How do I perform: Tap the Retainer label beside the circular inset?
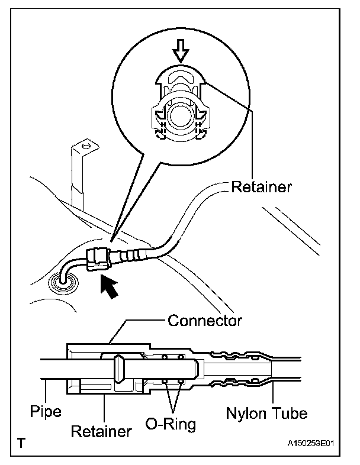(261, 188)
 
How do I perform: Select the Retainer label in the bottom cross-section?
(101, 431)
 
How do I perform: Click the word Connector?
(204, 321)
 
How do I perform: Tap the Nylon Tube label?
(267, 412)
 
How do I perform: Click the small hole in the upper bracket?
(86, 146)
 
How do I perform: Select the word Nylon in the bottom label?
(246, 412)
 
